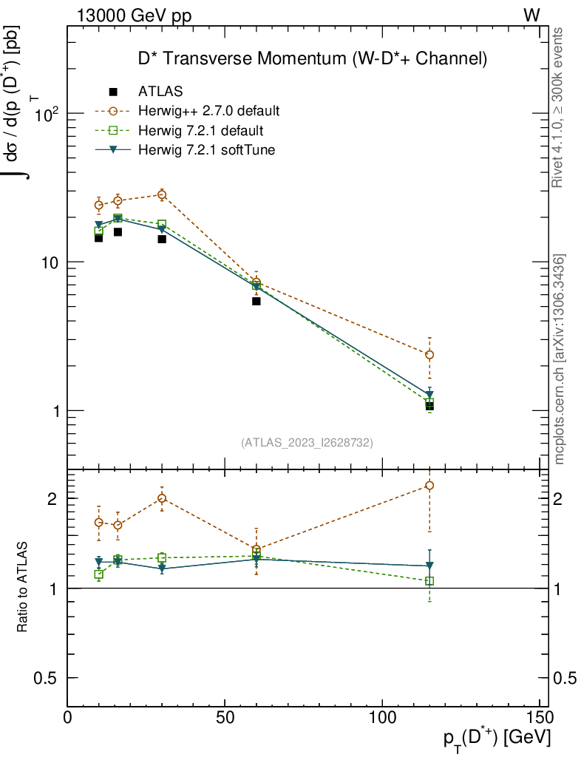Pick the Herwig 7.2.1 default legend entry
tap(200, 131)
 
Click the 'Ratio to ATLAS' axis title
tap(23, 586)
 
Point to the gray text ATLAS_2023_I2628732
tap(307, 443)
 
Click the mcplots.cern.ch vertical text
tap(560, 359)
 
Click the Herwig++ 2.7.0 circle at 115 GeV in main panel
tap(429, 355)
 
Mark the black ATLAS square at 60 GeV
tap(256, 301)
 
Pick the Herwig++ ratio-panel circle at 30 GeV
tap(162, 498)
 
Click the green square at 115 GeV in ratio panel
tap(429, 581)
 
